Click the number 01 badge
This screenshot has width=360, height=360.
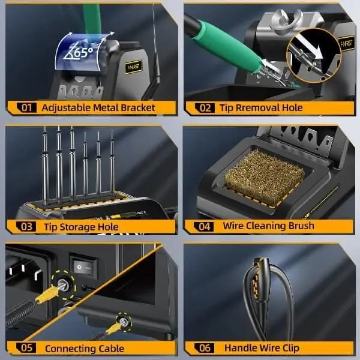[x=26, y=107]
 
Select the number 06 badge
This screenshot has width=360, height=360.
[x=204, y=348]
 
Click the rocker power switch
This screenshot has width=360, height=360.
[x=83, y=266]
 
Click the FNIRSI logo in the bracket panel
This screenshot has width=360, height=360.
[x=133, y=67]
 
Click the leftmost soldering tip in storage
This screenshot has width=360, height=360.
[x=45, y=166]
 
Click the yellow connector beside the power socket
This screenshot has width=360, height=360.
[x=47, y=296]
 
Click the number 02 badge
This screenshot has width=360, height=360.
[x=205, y=107]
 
